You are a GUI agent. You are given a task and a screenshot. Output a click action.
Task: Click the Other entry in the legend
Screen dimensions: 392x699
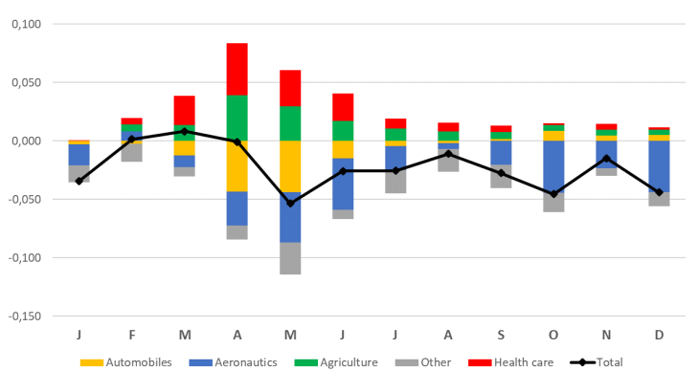coord(434,363)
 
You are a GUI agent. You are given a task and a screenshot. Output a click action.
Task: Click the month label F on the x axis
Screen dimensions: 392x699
coord(131,335)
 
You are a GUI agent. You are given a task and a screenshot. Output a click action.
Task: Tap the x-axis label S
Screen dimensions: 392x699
coord(500,335)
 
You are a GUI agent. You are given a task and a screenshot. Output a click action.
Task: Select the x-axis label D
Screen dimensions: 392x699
coord(659,335)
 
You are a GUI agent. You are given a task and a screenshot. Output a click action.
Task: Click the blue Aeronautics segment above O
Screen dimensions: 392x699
coord(553,164)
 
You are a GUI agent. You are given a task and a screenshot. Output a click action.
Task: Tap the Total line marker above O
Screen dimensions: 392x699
coord(553,194)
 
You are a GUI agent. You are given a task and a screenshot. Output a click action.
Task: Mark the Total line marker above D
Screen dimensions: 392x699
coord(659,192)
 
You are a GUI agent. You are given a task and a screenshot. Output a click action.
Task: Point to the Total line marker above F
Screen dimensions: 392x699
coord(131,139)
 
